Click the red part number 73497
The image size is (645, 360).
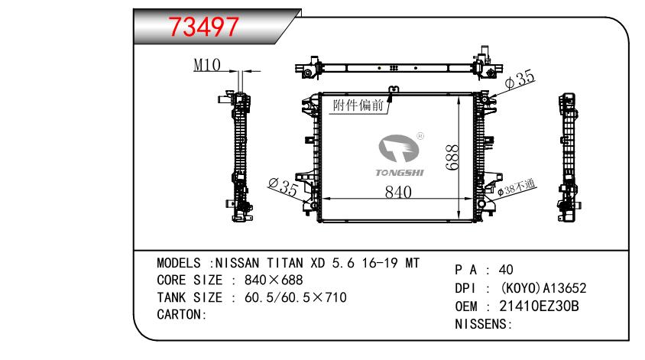click(x=203, y=28)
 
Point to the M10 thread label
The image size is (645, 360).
click(x=207, y=65)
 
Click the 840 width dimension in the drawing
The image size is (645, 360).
click(x=398, y=192)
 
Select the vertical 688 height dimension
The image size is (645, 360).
click(x=452, y=157)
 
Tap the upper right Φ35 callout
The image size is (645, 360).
click(x=520, y=79)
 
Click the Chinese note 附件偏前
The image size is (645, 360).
click(x=358, y=105)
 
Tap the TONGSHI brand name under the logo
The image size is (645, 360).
click(x=400, y=173)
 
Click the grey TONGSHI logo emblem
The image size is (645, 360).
click(x=398, y=148)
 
